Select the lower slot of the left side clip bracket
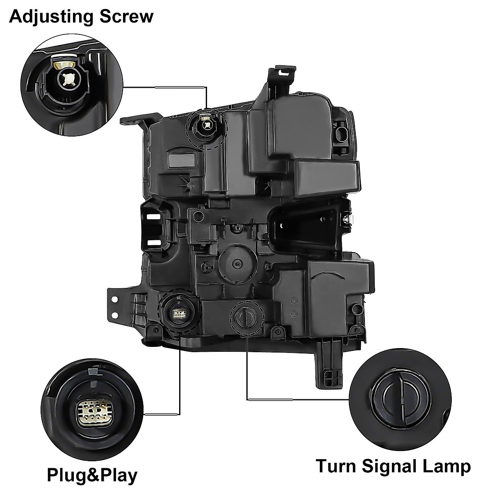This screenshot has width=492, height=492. [154, 242]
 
